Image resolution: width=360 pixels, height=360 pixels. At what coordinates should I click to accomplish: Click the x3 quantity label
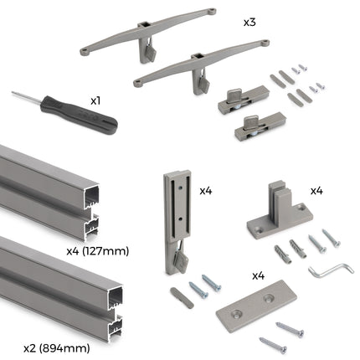tap(249, 23)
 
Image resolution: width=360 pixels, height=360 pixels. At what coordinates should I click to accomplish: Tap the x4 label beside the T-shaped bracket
tap(316, 191)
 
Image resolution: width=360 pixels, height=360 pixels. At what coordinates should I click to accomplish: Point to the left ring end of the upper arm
tap(85, 51)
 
